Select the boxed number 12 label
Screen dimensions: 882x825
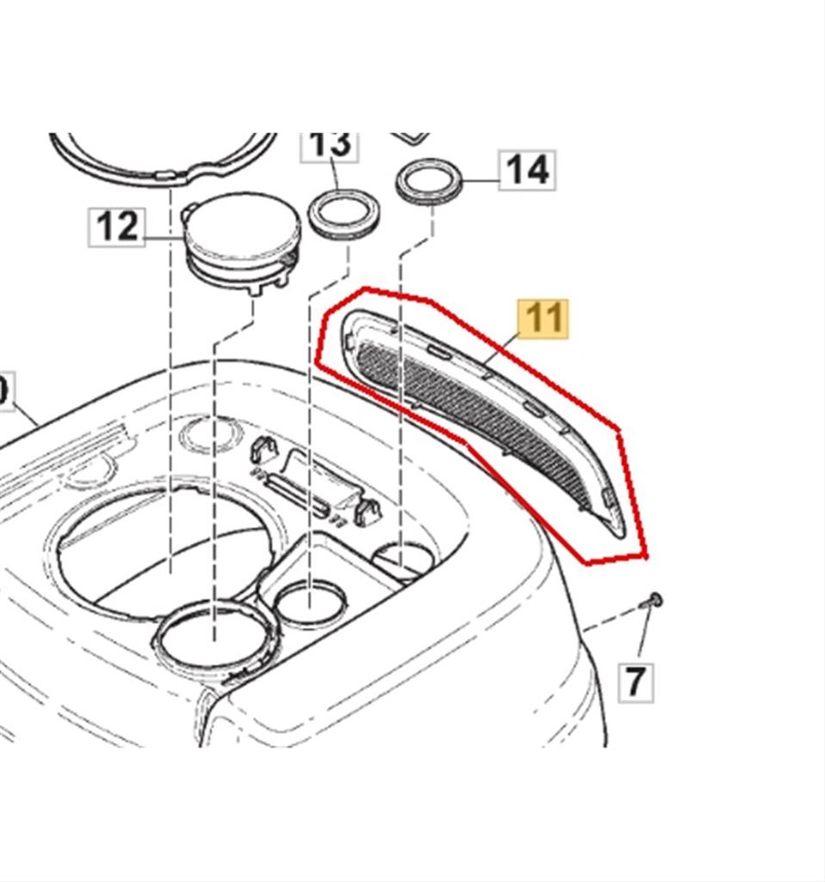coord(117,227)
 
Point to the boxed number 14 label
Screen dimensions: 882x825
coord(527,170)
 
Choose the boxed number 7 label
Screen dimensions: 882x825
coord(635,681)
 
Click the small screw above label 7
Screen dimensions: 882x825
coord(653,600)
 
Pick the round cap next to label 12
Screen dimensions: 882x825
coord(244,227)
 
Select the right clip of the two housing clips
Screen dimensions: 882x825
coord(369,510)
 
